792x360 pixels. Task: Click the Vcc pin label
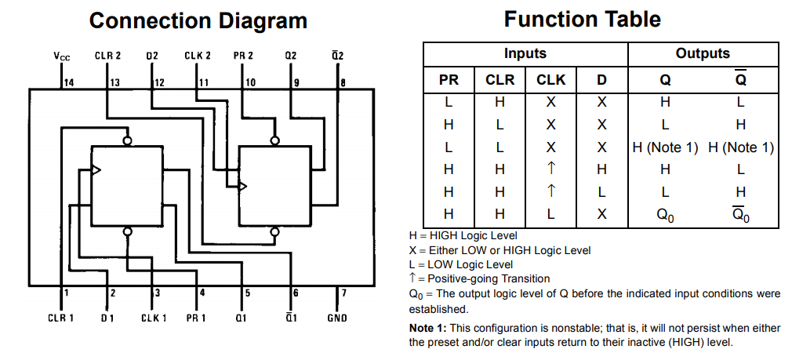pos(62,56)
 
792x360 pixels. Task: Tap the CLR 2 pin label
pos(107,56)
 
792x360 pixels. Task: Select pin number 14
pos(69,83)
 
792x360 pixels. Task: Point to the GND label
pos(337,318)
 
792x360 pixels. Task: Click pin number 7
pos(343,293)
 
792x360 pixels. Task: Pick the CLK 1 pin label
pos(154,318)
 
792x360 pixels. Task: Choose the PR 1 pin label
pos(196,318)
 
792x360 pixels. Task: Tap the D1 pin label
pos(107,318)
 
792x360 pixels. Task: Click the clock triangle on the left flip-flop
pos(96,169)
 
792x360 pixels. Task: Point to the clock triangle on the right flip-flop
pos(243,187)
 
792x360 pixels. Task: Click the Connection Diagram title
pos(198,20)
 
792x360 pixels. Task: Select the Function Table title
pos(583,19)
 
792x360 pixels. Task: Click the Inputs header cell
pos(525,53)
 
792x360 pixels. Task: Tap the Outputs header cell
pos(703,53)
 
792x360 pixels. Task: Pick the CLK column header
pos(550,80)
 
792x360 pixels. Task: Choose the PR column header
pos(449,80)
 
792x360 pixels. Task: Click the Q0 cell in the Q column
pos(665,215)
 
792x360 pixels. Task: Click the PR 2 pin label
pos(243,56)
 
